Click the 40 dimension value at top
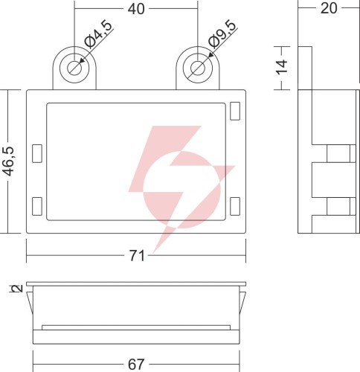136,9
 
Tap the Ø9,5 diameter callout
222,34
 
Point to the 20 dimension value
329,8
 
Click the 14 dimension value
282,67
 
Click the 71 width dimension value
137,255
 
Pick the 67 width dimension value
136,365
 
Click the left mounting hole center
74,68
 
